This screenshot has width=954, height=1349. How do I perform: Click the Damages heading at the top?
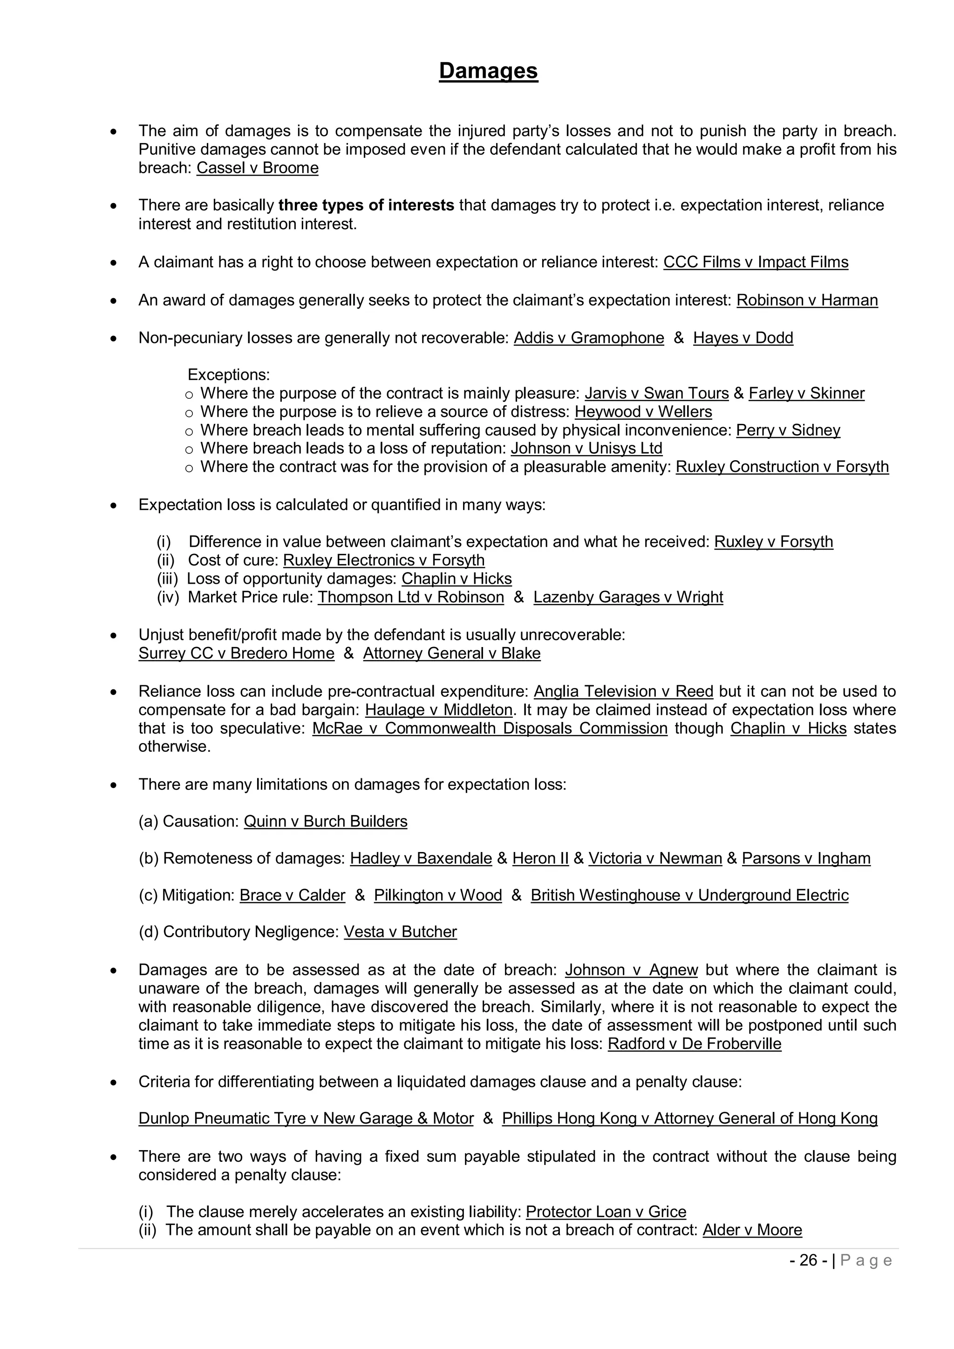(488, 71)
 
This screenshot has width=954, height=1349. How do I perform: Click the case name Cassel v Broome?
(257, 168)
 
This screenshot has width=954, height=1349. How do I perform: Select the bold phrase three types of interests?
(366, 205)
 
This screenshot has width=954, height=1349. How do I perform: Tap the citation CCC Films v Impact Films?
(756, 262)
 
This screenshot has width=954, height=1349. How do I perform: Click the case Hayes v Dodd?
(743, 338)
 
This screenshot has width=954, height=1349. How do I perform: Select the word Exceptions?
(229, 375)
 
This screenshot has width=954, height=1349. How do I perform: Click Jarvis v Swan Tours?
(656, 393)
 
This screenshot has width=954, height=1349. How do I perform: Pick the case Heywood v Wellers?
(643, 412)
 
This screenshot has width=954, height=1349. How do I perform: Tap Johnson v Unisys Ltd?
(586, 448)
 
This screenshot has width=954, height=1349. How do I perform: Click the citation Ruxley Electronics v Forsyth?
(383, 560)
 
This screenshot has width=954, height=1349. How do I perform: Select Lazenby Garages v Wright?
(628, 597)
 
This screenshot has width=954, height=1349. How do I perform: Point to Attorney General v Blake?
(451, 654)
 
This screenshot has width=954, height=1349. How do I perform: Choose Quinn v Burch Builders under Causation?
(326, 821)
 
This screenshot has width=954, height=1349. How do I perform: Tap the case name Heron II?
(540, 858)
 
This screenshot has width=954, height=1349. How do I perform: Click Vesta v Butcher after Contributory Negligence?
(400, 932)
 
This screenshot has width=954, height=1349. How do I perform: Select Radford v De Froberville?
(695, 1044)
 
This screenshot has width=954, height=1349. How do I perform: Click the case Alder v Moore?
(752, 1230)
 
